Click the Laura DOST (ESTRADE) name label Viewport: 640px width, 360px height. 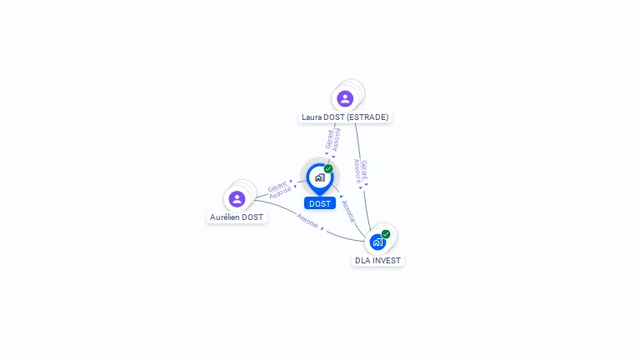(x=345, y=117)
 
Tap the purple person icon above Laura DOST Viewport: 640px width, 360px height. (x=345, y=99)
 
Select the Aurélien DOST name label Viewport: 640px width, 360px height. (x=237, y=217)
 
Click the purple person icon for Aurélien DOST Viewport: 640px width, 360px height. (x=237, y=199)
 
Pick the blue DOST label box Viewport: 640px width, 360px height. (x=320, y=203)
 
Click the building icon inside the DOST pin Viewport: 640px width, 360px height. (x=319, y=177)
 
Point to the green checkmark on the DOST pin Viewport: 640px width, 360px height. (x=328, y=169)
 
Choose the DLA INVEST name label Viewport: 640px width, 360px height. (x=377, y=261)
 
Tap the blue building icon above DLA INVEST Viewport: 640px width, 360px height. (x=377, y=242)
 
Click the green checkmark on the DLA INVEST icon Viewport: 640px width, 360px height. (x=386, y=234)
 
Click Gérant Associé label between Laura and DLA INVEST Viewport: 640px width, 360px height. (x=360, y=171)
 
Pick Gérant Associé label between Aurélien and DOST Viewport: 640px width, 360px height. (x=279, y=189)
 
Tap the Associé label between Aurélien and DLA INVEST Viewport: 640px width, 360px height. (x=307, y=221)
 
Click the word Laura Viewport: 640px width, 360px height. (x=312, y=117)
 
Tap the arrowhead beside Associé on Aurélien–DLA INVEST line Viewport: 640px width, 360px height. (x=322, y=227)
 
